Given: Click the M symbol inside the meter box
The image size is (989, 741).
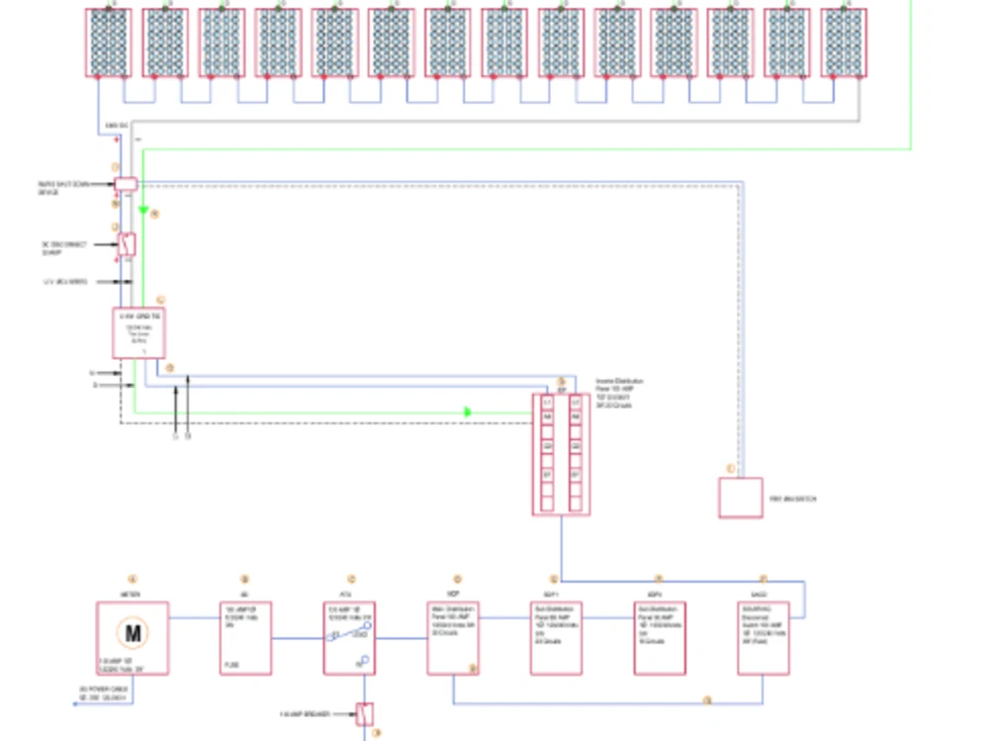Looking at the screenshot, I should (x=132, y=631).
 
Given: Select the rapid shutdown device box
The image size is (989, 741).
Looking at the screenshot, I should (x=126, y=184).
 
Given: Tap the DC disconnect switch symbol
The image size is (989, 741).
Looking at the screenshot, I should (x=127, y=243).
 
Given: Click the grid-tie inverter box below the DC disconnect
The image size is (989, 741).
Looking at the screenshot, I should (x=138, y=332).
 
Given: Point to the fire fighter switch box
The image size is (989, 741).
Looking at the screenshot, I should (x=740, y=498).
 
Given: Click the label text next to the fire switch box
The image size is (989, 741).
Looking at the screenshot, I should (x=792, y=500).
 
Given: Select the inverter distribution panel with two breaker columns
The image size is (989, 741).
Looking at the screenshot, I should (x=561, y=454).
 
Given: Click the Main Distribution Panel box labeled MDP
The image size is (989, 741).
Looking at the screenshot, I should (x=453, y=638).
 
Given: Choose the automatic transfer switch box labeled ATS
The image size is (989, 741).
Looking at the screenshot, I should (x=350, y=638).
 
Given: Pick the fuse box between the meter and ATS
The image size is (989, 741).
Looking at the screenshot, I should (x=245, y=638).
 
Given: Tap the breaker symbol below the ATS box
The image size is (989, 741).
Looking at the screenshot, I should (x=365, y=712).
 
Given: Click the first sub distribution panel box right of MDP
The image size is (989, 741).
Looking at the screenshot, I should (x=556, y=638).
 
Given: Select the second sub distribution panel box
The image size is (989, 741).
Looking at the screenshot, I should (x=660, y=638).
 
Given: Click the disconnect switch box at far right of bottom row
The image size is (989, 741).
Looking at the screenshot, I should (x=763, y=638).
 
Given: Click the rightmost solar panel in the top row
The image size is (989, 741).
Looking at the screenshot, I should (x=844, y=43).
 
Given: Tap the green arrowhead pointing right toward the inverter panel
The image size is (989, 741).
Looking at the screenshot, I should (x=468, y=412).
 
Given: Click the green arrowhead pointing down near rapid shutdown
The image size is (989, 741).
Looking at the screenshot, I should (x=143, y=210).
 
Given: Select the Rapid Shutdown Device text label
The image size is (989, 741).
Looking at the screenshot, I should (x=62, y=187).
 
